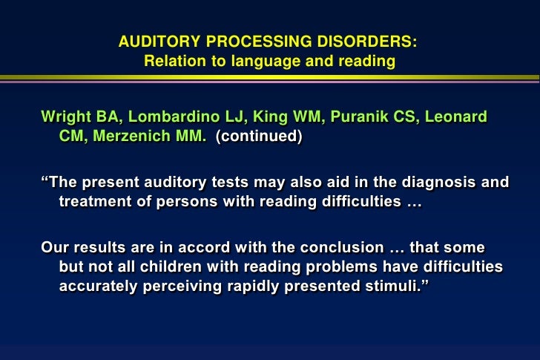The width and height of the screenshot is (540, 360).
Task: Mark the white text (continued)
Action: tap(259, 137)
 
